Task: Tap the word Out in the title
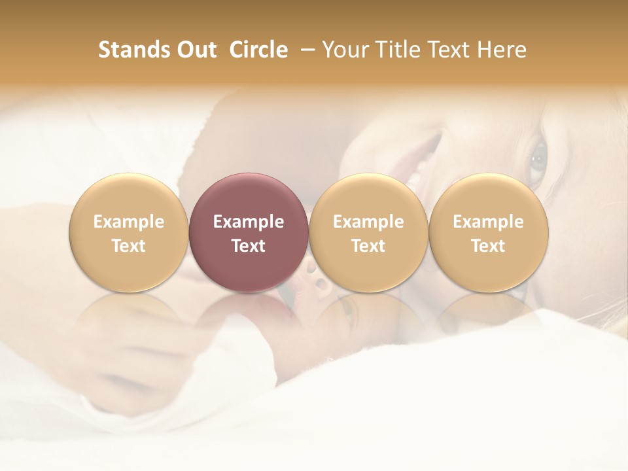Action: click(x=196, y=50)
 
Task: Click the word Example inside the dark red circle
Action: click(x=249, y=222)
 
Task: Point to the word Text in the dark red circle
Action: click(x=249, y=246)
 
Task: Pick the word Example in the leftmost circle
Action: click(x=128, y=222)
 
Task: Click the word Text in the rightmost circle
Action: click(x=489, y=246)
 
